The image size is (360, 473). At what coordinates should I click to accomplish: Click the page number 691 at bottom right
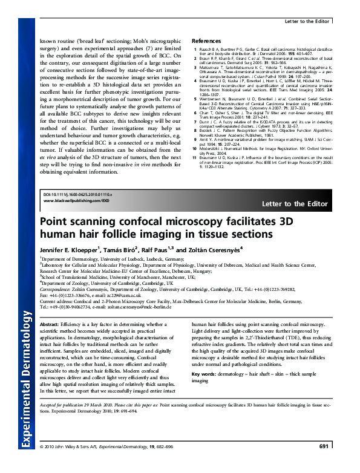coord(323,464)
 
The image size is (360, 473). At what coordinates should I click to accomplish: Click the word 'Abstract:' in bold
coord(51,325)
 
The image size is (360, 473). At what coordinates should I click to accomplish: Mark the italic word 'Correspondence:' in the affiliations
coord(57,290)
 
